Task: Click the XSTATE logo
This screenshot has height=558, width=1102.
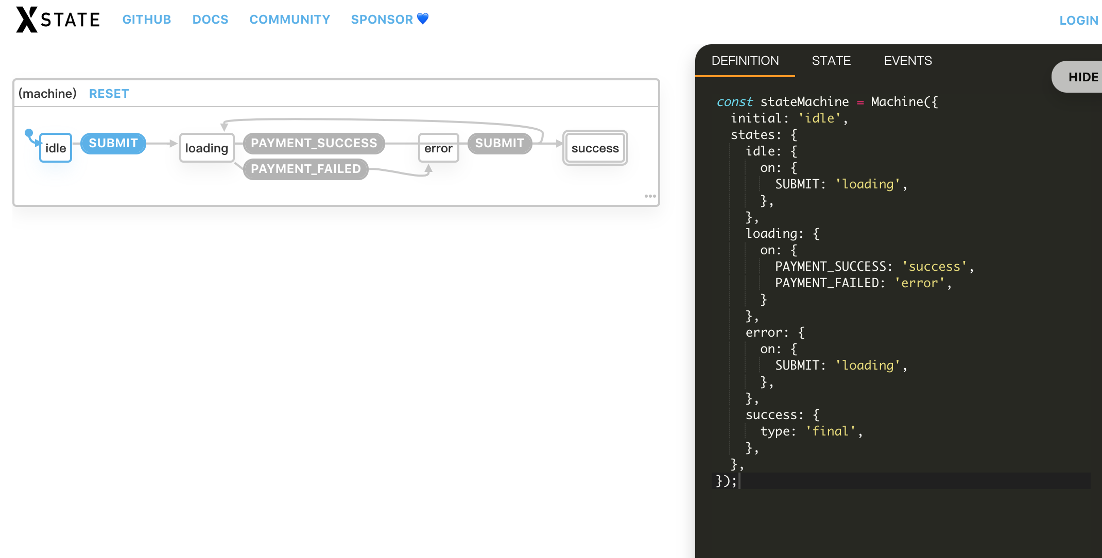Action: coord(58,20)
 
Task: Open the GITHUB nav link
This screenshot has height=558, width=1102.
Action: coord(146,20)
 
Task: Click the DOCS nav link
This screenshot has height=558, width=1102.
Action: coord(210,20)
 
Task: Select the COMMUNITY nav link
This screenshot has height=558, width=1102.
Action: coord(289,20)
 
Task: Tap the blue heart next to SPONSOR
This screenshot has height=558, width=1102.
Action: coord(423,19)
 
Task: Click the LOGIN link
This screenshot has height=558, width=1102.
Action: coord(1078,21)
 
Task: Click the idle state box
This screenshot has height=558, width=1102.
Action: coord(56,148)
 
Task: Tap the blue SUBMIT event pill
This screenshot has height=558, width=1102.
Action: coord(113,143)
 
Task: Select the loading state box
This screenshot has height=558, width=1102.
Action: coord(206,148)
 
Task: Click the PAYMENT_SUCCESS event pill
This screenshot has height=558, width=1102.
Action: coord(314,143)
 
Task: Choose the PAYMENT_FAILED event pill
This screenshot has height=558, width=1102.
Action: coord(305,169)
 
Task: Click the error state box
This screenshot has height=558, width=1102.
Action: coord(438,148)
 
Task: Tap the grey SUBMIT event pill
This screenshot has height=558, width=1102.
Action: coord(500,143)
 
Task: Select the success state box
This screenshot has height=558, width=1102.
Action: coord(595,148)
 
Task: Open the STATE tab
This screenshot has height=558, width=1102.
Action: coord(831,61)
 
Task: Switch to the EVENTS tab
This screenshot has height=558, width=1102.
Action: coord(908,61)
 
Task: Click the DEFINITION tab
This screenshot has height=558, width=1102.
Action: coord(745,61)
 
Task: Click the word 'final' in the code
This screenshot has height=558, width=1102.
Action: coord(831,431)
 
